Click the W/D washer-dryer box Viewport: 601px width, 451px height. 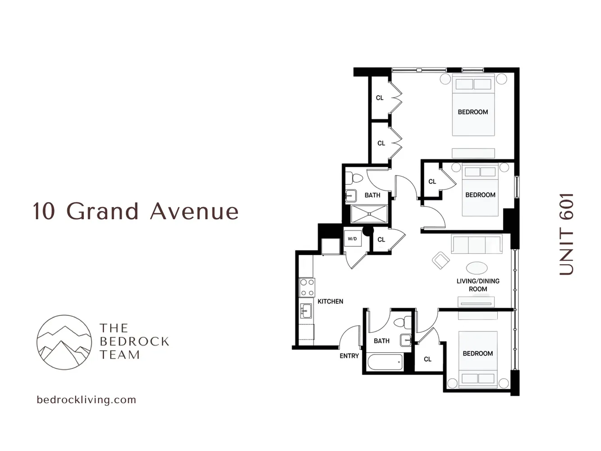pyautogui.click(x=352, y=239)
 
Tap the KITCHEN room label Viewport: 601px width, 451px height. pyautogui.click(x=330, y=301)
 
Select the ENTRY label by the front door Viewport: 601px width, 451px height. pyautogui.click(x=349, y=356)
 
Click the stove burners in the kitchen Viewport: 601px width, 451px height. pyautogui.click(x=307, y=287)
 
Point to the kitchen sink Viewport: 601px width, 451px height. pyautogui.click(x=307, y=311)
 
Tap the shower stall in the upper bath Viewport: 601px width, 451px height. pyautogui.click(x=369, y=214)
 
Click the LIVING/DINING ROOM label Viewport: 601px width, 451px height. pyautogui.click(x=478, y=285)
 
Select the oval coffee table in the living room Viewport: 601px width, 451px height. pyautogui.click(x=477, y=268)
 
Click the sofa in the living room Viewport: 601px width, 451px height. pyautogui.click(x=477, y=245)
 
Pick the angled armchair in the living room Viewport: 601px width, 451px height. pyautogui.click(x=440, y=260)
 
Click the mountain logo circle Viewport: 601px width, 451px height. pyautogui.click(x=64, y=342)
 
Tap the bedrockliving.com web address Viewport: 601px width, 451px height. pyautogui.click(x=86, y=400)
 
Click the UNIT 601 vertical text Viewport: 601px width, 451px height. pyautogui.click(x=566, y=234)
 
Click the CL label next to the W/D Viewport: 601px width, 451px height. pyautogui.click(x=381, y=239)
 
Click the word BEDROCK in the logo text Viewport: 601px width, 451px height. pyautogui.click(x=134, y=341)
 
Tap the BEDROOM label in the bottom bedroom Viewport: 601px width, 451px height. pyautogui.click(x=477, y=354)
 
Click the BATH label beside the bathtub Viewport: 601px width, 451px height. pyautogui.click(x=381, y=341)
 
